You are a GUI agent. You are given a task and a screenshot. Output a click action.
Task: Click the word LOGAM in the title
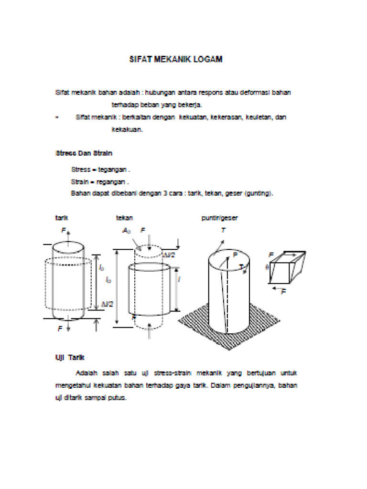(x=208, y=60)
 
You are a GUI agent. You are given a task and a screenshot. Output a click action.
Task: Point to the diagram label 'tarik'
(x=61, y=218)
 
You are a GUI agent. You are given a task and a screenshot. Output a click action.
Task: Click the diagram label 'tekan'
(x=124, y=218)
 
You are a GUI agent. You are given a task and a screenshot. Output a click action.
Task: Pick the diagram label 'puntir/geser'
(x=219, y=218)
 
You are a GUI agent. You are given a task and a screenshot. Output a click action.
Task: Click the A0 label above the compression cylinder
(x=126, y=231)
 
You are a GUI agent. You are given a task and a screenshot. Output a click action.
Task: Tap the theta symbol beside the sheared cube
(x=267, y=267)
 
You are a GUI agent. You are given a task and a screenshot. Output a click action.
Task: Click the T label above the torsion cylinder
(x=223, y=230)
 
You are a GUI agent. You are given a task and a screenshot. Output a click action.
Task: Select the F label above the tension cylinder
(x=63, y=230)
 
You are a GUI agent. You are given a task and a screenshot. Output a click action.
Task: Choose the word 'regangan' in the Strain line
(x=113, y=181)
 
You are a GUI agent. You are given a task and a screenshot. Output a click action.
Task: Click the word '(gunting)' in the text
(x=258, y=193)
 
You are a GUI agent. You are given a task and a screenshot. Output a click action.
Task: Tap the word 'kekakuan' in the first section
(x=127, y=129)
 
